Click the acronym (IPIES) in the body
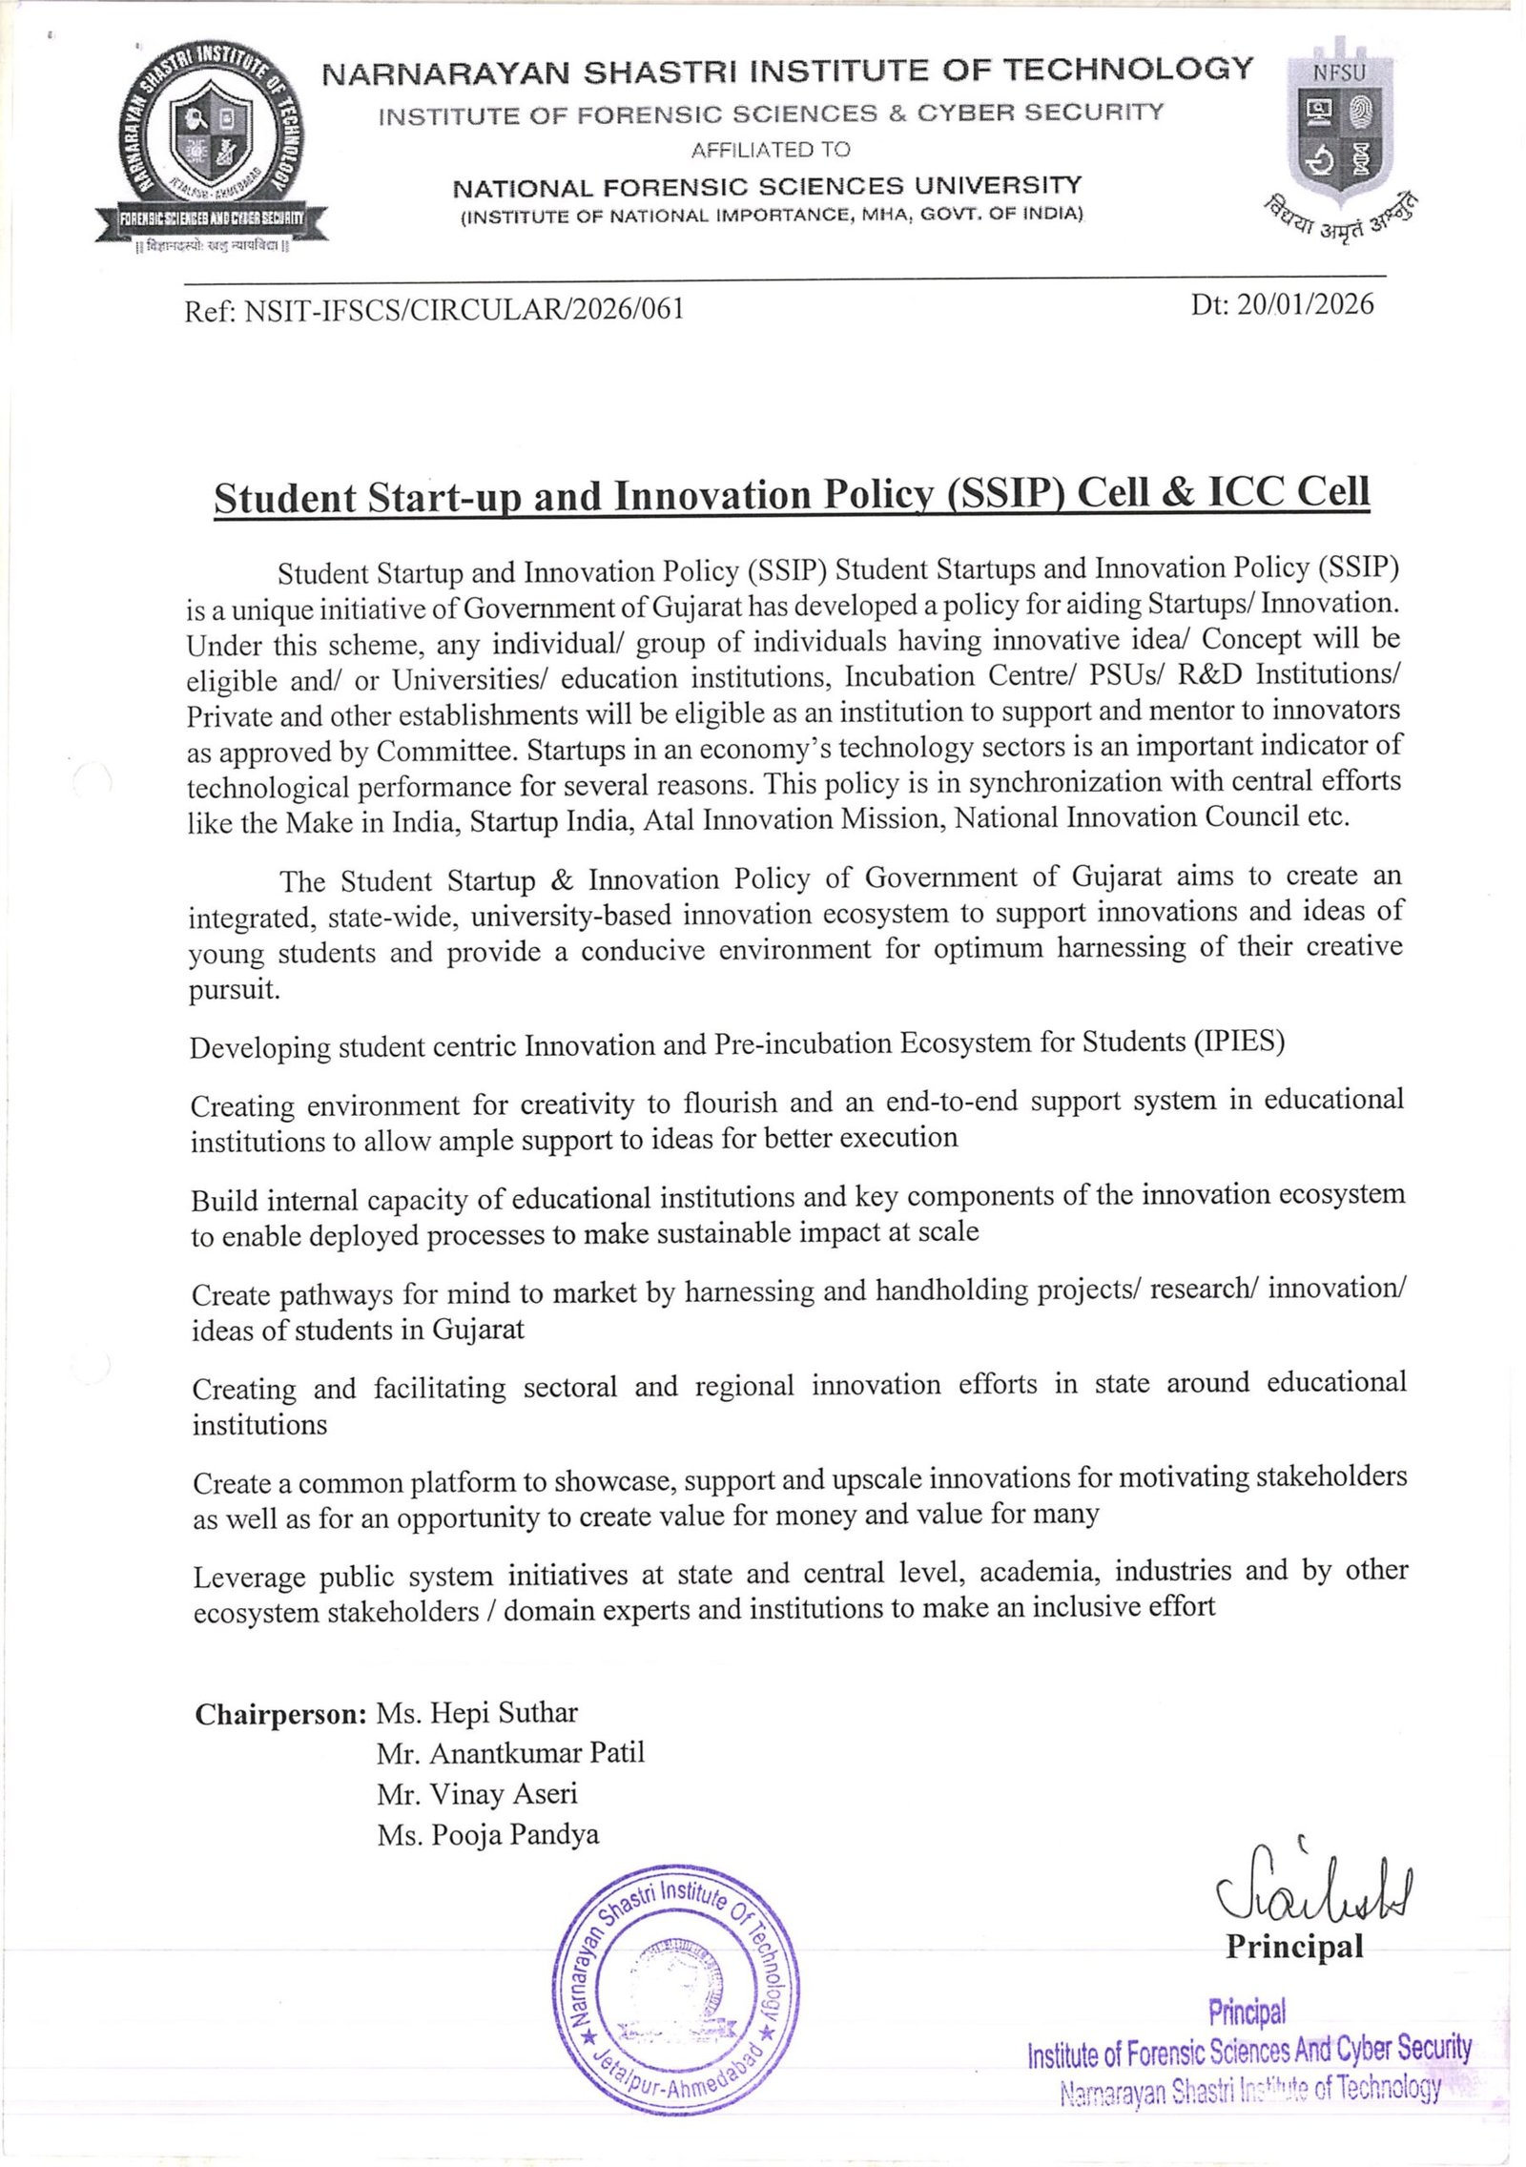1238,1042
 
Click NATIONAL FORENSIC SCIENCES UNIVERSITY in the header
767,186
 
